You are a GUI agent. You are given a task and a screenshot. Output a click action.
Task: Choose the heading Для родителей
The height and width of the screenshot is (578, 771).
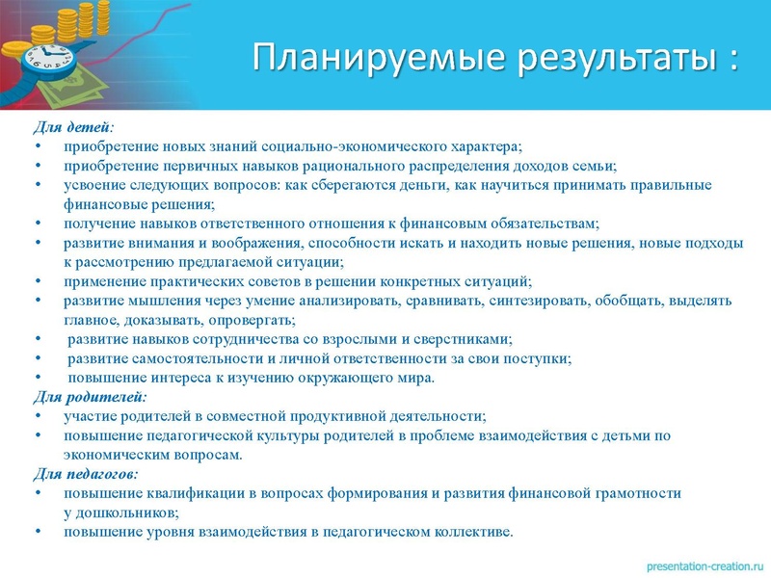(90, 397)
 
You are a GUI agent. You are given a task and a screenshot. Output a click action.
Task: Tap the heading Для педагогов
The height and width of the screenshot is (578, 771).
(86, 474)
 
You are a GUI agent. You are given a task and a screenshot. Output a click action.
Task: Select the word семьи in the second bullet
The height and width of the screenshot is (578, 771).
(595, 166)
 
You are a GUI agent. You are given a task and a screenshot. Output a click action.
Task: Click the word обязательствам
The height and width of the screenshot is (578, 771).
(543, 223)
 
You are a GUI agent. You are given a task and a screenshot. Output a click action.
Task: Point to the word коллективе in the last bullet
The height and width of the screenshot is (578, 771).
(474, 532)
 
